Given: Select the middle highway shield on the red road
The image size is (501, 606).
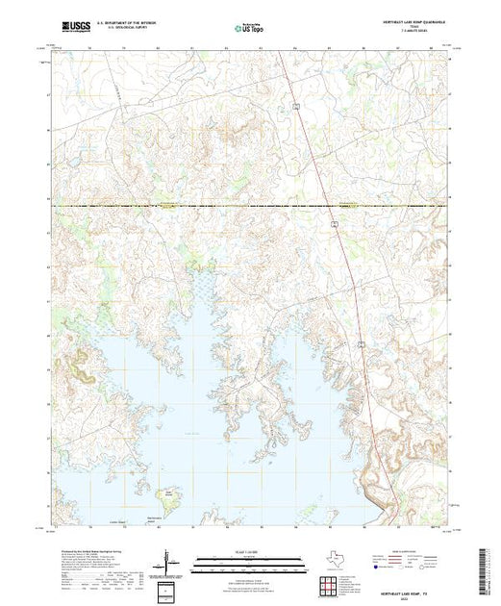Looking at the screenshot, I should tap(331, 222).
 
